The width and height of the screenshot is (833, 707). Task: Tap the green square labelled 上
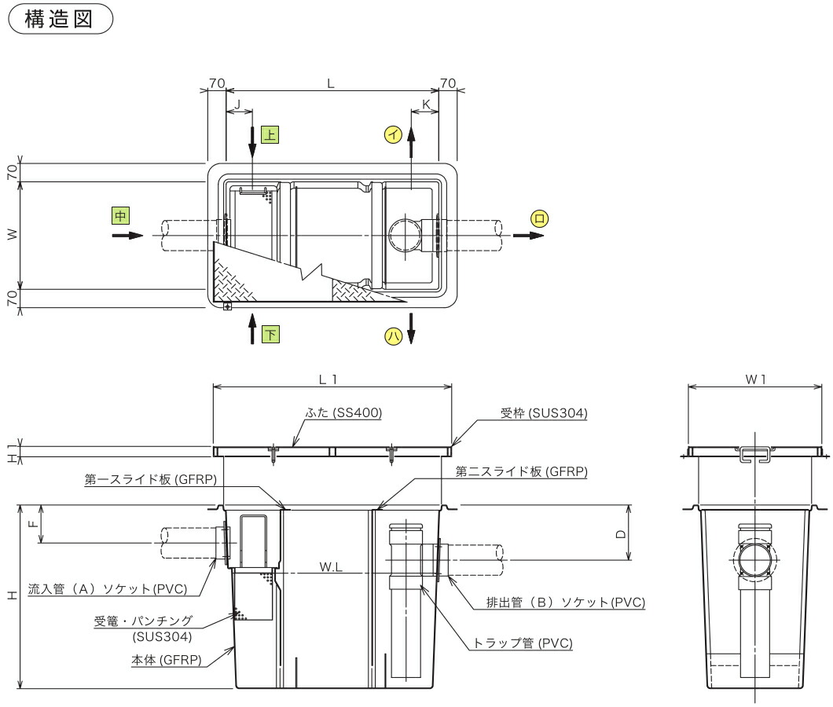click(x=269, y=134)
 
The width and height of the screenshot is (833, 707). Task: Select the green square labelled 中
click(x=119, y=215)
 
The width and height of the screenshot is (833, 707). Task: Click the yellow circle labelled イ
click(x=391, y=134)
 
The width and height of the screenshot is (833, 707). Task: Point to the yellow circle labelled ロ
click(x=538, y=218)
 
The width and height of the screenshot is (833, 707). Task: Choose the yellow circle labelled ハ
click(x=391, y=336)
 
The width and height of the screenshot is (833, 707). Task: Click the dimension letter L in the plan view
click(x=331, y=82)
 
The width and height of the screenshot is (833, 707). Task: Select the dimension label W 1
click(x=755, y=379)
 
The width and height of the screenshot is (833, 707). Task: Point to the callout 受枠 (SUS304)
click(x=545, y=412)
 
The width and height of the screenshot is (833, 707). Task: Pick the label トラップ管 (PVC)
click(x=522, y=643)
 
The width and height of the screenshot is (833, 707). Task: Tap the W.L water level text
click(x=331, y=566)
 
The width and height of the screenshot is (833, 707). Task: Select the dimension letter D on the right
click(x=621, y=534)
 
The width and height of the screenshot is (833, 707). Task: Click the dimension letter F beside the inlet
click(x=32, y=525)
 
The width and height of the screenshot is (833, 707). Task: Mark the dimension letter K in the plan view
click(x=425, y=104)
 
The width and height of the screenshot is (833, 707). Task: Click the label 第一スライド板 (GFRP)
click(x=150, y=478)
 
